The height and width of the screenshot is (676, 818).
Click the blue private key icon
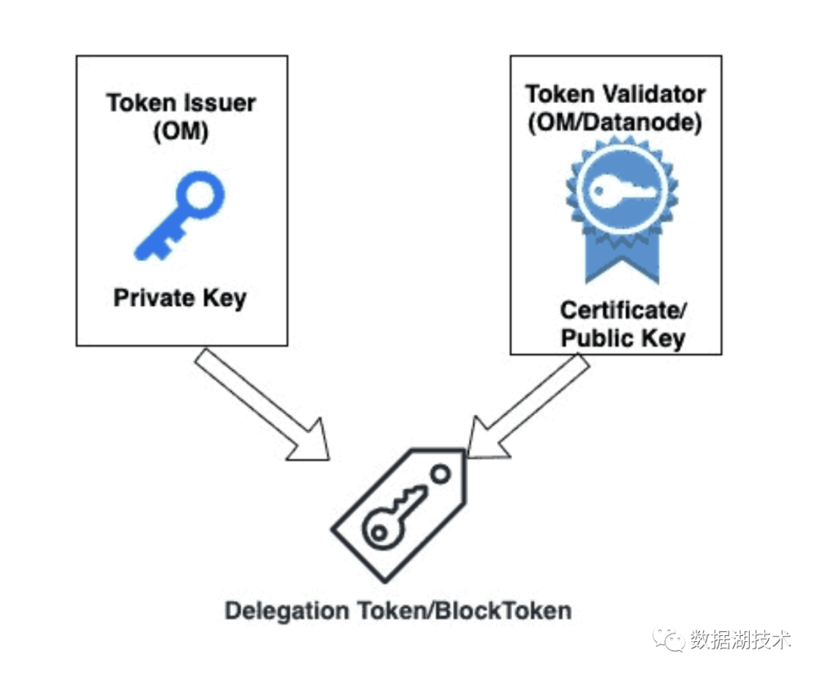[180, 216]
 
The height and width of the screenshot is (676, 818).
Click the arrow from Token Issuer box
[261, 404]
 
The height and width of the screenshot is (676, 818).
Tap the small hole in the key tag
[440, 475]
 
